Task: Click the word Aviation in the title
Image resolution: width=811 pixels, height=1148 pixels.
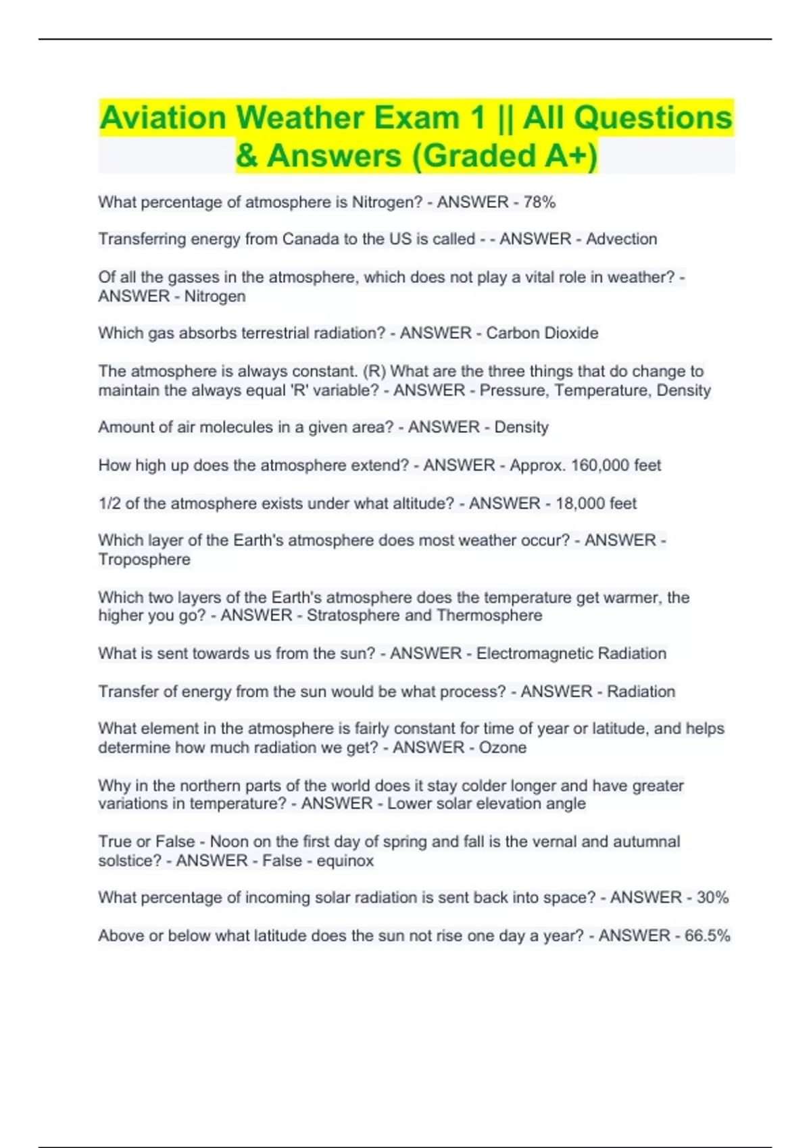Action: (x=163, y=118)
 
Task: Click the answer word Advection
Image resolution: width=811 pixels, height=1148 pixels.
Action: (x=621, y=239)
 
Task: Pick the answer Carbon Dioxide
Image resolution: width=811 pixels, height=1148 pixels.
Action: (x=542, y=333)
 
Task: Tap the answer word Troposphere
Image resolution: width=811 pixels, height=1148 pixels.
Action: (x=144, y=559)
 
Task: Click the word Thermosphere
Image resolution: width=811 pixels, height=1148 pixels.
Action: (x=489, y=615)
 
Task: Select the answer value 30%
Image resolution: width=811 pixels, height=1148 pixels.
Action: (x=712, y=897)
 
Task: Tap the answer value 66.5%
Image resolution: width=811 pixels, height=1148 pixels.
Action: (x=707, y=936)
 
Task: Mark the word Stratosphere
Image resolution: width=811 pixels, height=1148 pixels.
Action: (x=353, y=615)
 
